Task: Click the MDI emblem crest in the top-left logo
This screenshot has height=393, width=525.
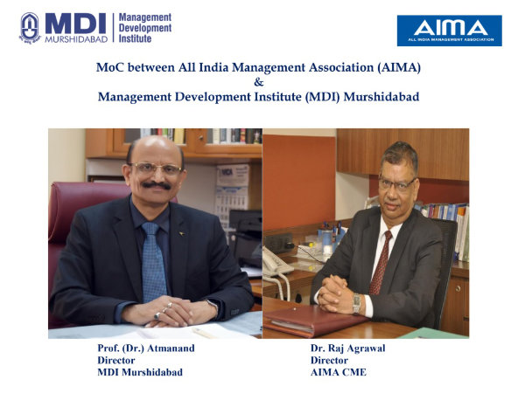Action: [30, 28]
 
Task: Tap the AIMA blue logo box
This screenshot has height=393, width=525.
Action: [450, 31]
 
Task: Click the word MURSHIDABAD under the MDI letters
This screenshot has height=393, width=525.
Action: [76, 39]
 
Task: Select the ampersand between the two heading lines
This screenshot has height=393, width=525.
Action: [258, 82]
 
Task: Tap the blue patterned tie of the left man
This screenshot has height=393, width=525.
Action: [154, 260]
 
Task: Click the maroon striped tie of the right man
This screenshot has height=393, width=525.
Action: [381, 263]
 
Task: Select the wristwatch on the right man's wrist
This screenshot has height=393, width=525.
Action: [357, 303]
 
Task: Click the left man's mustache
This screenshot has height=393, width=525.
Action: [156, 185]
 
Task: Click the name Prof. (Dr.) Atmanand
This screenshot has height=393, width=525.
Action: [146, 348]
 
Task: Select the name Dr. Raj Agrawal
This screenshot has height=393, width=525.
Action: [348, 348]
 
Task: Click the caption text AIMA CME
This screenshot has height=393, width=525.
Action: [339, 372]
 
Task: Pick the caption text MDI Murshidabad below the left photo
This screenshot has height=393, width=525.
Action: [140, 372]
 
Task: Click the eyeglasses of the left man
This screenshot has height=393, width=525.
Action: [156, 168]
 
